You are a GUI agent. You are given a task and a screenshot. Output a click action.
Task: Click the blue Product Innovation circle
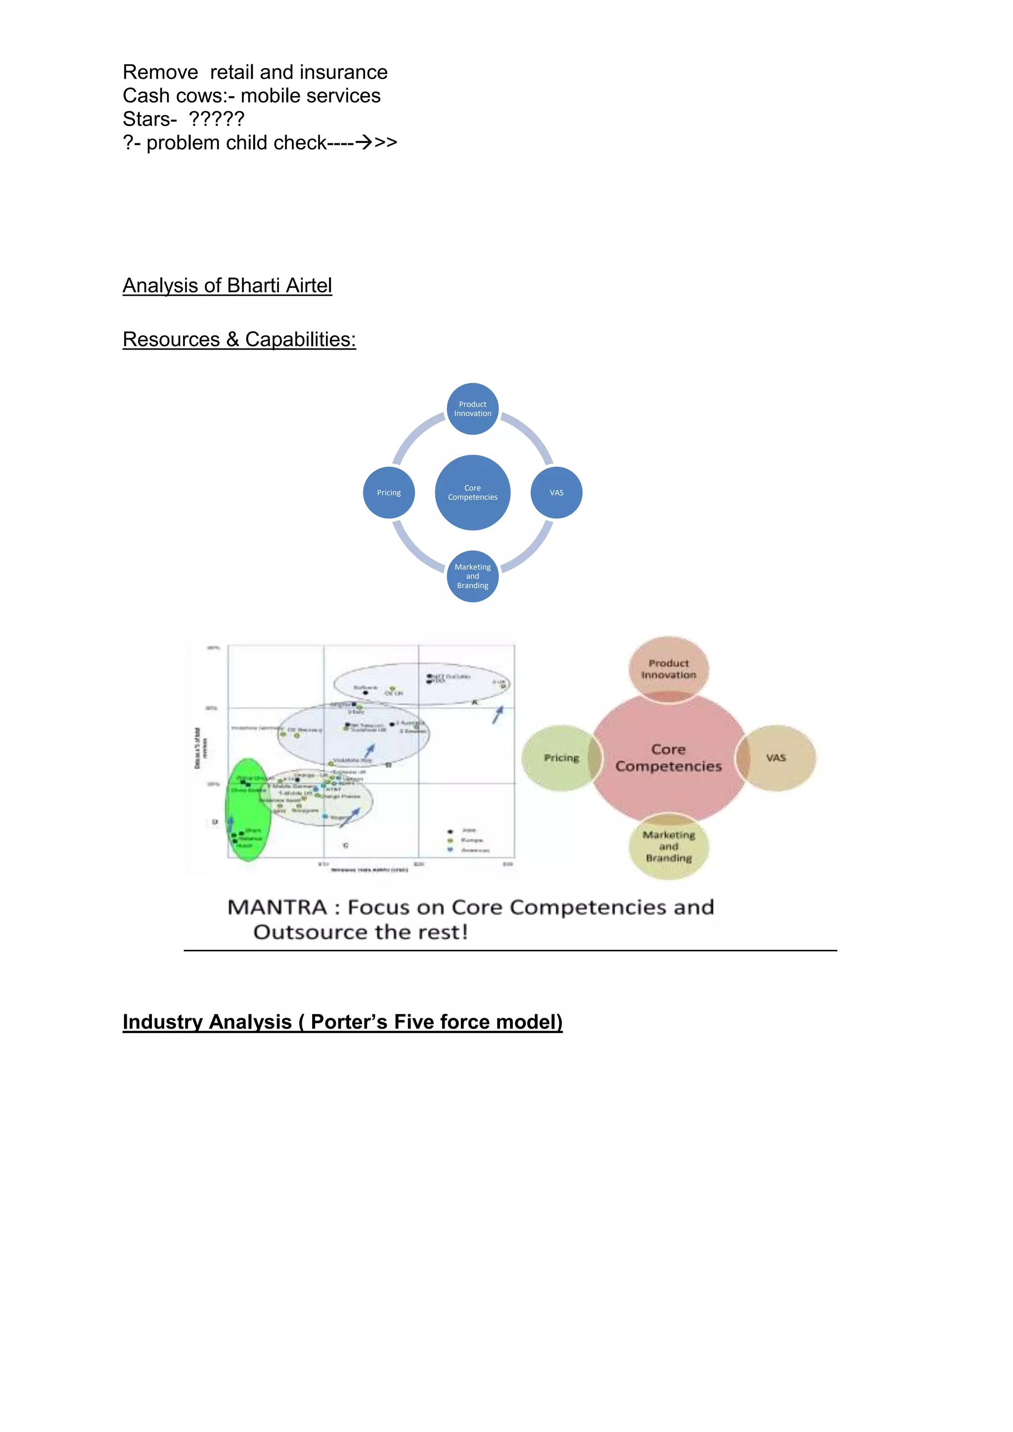tap(472, 408)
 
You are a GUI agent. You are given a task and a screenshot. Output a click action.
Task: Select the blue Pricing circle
tap(389, 492)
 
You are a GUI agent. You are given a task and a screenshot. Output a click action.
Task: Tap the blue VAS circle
tap(556, 492)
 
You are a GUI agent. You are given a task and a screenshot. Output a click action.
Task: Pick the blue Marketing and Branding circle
tap(472, 576)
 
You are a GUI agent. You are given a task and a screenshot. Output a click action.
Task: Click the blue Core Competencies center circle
tap(472, 492)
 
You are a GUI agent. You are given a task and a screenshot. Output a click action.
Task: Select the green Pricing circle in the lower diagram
tap(559, 758)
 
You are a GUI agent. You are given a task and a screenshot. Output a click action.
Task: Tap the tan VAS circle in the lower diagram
tap(777, 758)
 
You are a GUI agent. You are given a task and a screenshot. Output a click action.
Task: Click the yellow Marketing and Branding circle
tap(669, 847)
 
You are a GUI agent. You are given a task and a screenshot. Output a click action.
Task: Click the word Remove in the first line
tap(160, 72)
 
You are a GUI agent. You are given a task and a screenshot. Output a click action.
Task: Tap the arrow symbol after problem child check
tap(364, 143)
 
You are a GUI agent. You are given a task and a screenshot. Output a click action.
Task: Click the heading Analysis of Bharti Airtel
tap(227, 286)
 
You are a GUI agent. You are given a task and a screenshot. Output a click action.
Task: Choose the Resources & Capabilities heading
tap(239, 339)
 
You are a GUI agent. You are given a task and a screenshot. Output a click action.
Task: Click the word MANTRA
tap(277, 907)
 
